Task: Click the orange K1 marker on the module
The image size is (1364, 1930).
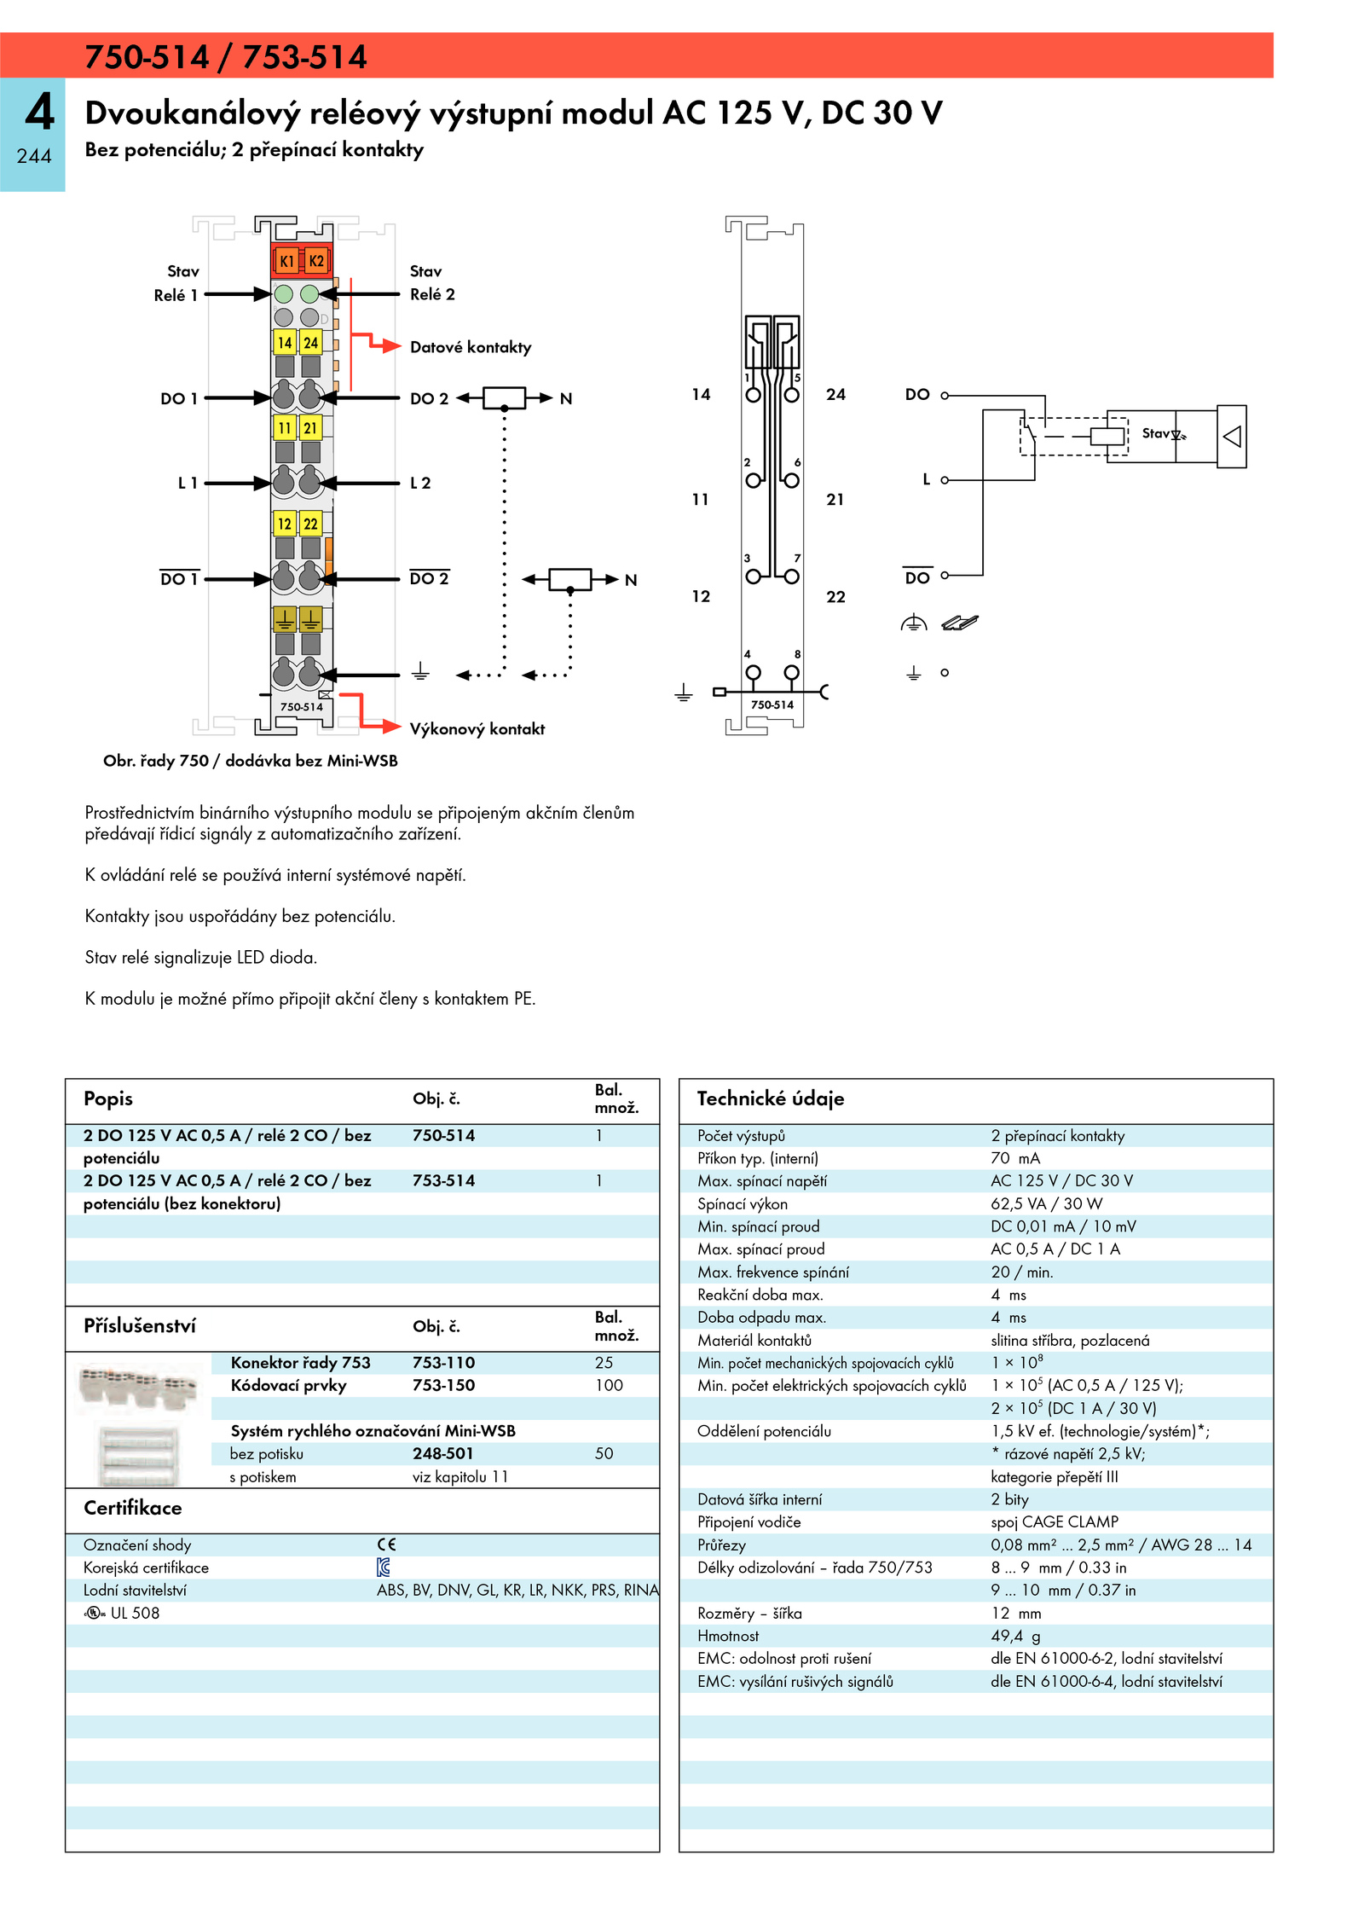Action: click(287, 261)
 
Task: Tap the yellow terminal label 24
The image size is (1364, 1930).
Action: click(311, 342)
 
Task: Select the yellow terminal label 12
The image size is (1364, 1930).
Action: click(285, 524)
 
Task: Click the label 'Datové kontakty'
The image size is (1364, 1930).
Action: click(471, 347)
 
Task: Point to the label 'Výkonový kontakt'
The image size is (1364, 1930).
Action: click(477, 729)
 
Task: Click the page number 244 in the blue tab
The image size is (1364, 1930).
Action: click(34, 156)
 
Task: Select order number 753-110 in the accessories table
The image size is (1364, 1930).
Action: click(443, 1363)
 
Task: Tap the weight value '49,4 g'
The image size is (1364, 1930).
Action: click(1015, 1636)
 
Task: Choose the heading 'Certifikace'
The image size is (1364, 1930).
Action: click(133, 1508)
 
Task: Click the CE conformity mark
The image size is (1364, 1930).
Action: click(387, 1545)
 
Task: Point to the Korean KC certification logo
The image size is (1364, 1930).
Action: click(384, 1567)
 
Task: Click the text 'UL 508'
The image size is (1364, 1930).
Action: click(135, 1613)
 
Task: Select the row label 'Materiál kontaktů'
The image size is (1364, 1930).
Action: click(754, 1340)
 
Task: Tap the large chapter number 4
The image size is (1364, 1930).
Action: click(40, 112)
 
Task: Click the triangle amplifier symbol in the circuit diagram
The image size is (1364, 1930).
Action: click(1232, 437)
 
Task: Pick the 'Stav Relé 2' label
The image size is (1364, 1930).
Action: click(432, 283)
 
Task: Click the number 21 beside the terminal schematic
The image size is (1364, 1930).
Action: click(835, 500)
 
